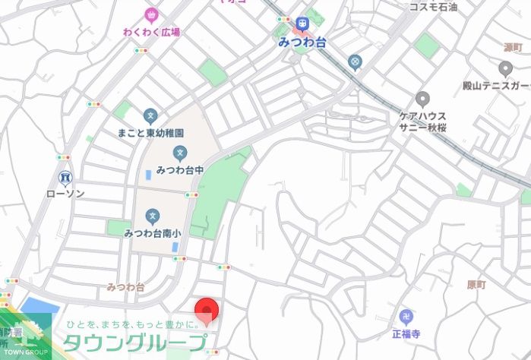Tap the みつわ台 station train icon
(x=303, y=25)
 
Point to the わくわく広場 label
(x=152, y=32)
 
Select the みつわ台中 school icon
(x=180, y=153)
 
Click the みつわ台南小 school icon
(x=153, y=217)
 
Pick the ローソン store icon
(x=65, y=178)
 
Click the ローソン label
(x=65, y=194)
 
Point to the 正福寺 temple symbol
(x=404, y=316)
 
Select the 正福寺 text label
(x=405, y=333)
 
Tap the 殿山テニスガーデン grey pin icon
(x=506, y=69)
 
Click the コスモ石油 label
(x=434, y=7)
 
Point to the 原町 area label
(x=476, y=285)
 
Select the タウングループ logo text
(x=137, y=341)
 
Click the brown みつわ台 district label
(x=125, y=287)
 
